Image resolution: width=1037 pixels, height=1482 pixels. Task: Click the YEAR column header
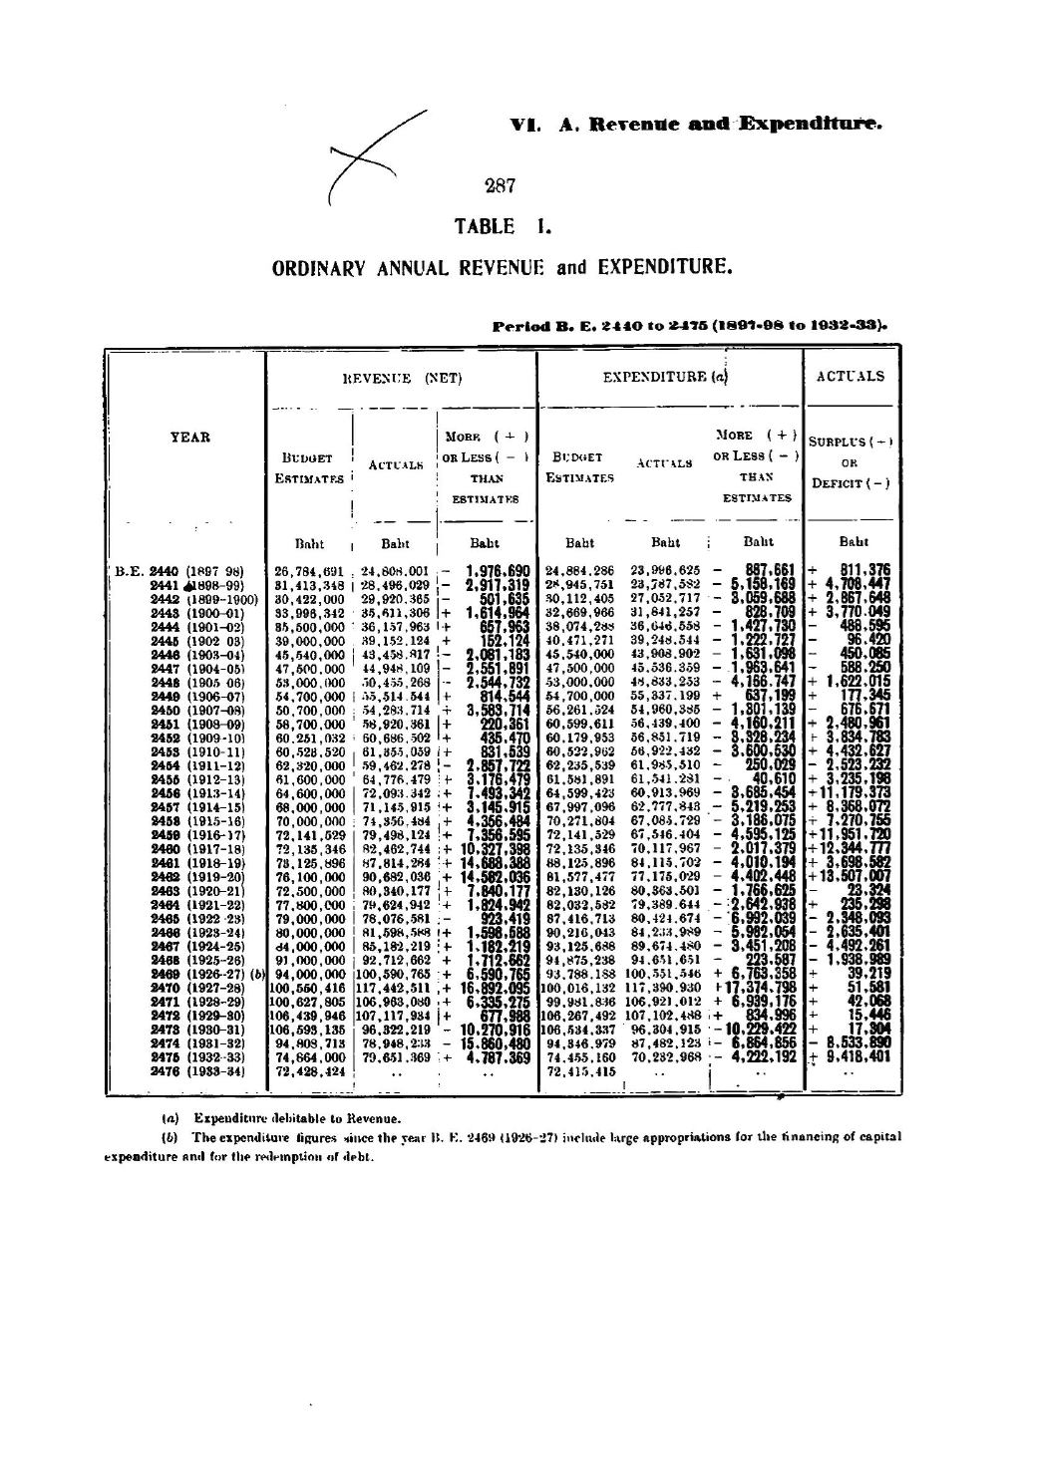pyautogui.click(x=185, y=436)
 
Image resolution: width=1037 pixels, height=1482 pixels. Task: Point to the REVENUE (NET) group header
pyautogui.click(x=400, y=378)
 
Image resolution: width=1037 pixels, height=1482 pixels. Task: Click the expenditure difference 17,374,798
pyautogui.click(x=760, y=986)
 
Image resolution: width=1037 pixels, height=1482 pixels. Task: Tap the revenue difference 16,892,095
pyautogui.click(x=489, y=986)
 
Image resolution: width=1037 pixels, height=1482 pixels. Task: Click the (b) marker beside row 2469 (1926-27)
pyautogui.click(x=257, y=972)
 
